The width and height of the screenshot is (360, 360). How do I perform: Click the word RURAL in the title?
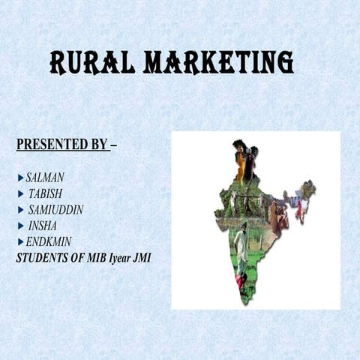[91, 63]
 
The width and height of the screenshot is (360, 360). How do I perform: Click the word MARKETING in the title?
[218, 63]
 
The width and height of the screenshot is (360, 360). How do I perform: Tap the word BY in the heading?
[100, 144]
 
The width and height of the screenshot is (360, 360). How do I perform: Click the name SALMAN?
[45, 178]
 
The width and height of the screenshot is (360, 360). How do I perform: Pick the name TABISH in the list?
[46, 193]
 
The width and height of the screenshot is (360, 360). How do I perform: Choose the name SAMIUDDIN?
[55, 210]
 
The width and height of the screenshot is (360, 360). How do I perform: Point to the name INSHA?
[42, 226]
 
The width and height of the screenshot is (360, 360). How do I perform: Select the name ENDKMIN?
[49, 242]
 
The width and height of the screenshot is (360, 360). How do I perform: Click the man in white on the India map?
[241, 244]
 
